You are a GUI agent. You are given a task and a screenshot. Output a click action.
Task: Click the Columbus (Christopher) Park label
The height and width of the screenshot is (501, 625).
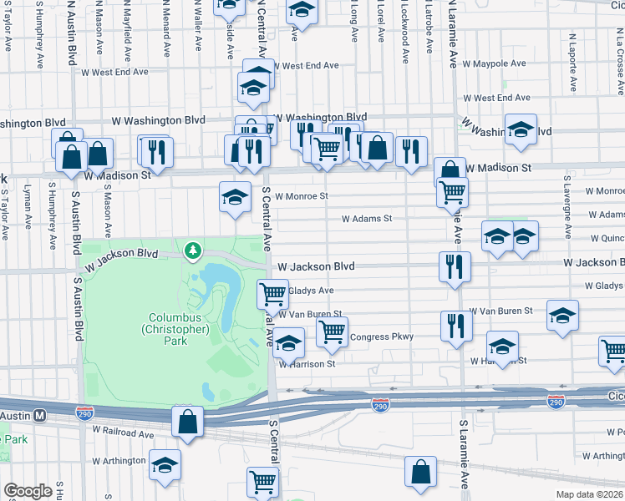[178, 323]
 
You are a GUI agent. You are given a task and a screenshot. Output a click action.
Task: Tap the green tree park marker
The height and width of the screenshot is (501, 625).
[194, 250]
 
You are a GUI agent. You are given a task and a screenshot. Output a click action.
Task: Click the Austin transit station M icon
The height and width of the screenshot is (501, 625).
[39, 415]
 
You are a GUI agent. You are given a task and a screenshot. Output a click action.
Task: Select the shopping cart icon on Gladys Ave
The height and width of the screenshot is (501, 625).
[272, 294]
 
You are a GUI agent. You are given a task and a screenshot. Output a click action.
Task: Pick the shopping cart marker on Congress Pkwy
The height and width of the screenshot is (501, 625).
[333, 332]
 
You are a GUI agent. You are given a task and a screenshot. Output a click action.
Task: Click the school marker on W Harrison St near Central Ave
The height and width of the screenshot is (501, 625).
[289, 344]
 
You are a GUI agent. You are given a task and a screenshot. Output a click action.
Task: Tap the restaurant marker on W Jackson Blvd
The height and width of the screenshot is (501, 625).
[455, 267]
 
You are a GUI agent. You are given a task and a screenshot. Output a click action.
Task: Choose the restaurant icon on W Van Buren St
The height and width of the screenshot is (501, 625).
[455, 326]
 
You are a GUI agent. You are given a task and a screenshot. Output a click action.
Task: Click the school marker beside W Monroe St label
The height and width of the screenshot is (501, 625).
[235, 197]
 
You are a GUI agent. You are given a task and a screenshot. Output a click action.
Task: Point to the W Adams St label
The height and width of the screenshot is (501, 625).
[367, 219]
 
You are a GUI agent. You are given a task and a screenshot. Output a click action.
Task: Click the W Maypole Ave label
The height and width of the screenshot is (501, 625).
[494, 63]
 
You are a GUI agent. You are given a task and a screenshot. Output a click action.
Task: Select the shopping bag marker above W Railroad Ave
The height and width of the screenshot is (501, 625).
[187, 421]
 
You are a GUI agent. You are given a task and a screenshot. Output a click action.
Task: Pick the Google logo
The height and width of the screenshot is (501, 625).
[28, 491]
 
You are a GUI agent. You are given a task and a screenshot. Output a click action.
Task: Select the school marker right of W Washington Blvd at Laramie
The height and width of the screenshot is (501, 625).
[521, 130]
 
